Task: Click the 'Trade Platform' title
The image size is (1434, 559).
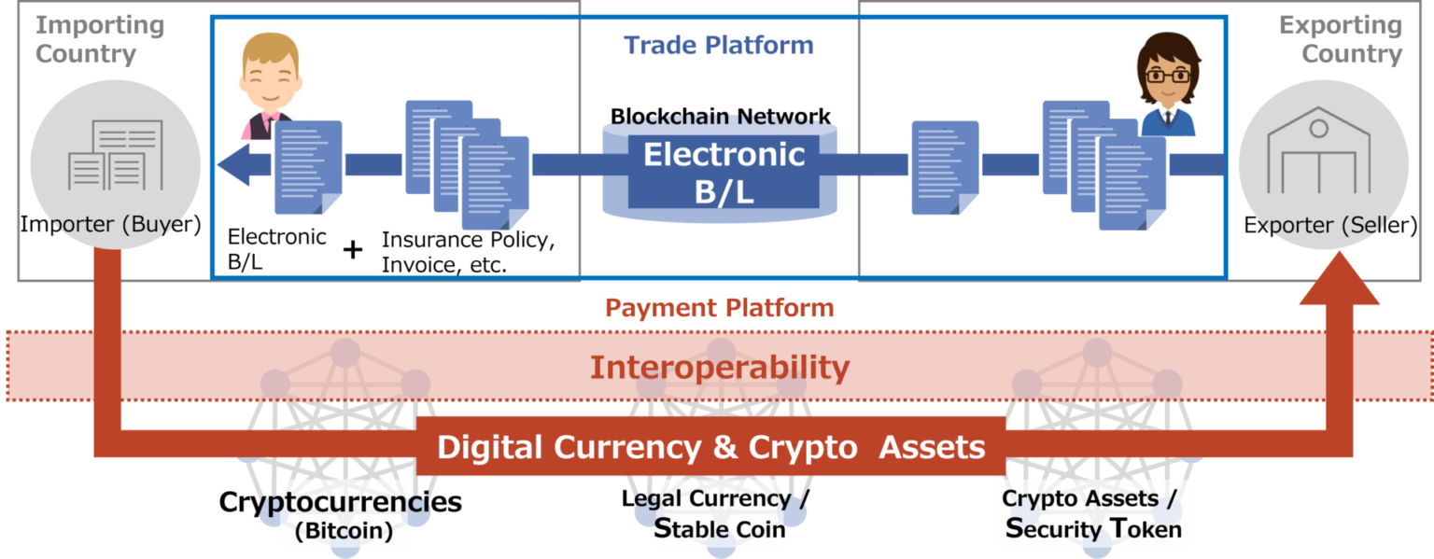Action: click(718, 45)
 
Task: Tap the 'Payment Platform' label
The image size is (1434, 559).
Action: click(719, 307)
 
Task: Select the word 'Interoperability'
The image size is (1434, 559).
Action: click(719, 368)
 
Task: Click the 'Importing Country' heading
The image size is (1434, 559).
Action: click(99, 39)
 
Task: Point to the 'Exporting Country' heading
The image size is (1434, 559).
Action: click(1341, 39)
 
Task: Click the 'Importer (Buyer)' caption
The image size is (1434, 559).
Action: click(110, 225)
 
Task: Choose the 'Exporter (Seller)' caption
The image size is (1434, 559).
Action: click(1330, 225)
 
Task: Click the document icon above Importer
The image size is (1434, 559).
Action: click(115, 154)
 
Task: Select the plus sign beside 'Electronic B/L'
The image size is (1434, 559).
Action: click(352, 250)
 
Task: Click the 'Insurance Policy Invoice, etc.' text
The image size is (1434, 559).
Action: click(464, 252)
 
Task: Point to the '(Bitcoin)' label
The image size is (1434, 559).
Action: click(338, 533)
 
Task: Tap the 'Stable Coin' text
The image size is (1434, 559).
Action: click(718, 528)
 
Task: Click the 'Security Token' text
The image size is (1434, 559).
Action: click(1092, 528)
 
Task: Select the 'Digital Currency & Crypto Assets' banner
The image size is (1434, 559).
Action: click(711, 448)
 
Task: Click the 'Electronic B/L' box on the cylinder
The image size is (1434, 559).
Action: click(724, 172)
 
